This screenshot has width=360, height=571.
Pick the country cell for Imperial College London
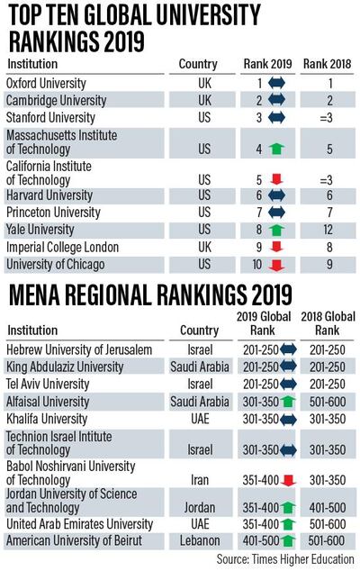(204, 246)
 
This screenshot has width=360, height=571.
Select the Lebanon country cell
(204, 540)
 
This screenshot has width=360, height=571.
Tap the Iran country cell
(204, 482)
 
